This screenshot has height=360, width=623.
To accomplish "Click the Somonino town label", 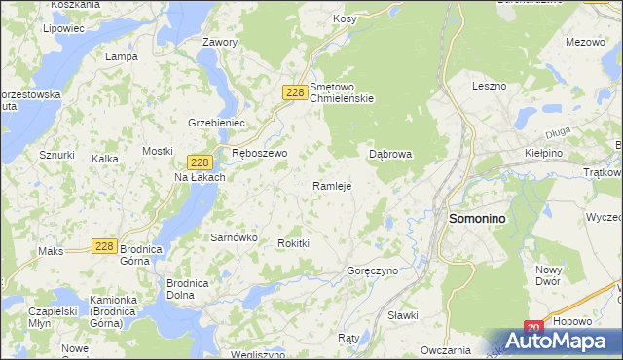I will (477, 220).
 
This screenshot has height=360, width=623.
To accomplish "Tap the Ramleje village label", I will (331, 186).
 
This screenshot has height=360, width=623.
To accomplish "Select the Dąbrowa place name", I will (391, 154).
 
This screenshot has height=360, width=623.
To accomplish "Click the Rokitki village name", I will (293, 243).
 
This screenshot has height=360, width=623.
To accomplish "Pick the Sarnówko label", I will (234, 236).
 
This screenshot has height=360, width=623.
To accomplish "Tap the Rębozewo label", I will (260, 154).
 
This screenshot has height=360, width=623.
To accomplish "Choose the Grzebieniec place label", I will (215, 123).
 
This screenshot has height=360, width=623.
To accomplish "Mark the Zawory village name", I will (219, 43).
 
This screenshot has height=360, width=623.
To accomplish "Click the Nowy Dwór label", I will (548, 274).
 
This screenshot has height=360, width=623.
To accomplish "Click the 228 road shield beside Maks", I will (106, 247).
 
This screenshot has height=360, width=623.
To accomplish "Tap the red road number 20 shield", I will (532, 329).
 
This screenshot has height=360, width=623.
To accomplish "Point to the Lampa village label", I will (121, 56).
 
